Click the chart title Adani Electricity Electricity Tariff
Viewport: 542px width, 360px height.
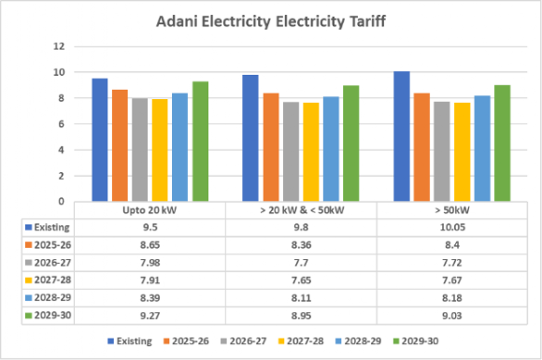(x=271, y=22)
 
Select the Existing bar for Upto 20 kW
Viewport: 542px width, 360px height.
(x=100, y=139)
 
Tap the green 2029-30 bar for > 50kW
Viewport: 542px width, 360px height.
(x=502, y=143)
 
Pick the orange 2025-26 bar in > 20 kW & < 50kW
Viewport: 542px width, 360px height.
(x=271, y=147)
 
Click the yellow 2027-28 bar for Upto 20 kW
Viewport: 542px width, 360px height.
(x=160, y=151)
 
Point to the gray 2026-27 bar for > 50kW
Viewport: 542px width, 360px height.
(x=442, y=151)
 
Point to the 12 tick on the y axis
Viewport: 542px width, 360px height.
(x=59, y=46)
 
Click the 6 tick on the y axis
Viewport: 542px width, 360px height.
(x=61, y=123)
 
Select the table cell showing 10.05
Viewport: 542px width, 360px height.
(x=452, y=227)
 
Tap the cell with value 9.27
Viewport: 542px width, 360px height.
(x=150, y=315)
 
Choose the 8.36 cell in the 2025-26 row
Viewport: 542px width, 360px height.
(x=301, y=245)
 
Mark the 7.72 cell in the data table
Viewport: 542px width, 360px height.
(x=452, y=263)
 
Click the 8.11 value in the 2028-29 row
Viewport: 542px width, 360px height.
(x=301, y=297)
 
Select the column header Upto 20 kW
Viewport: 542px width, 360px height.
(x=150, y=210)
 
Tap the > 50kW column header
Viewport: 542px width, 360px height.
(x=452, y=210)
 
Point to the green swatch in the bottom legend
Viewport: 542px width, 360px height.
(x=396, y=341)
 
